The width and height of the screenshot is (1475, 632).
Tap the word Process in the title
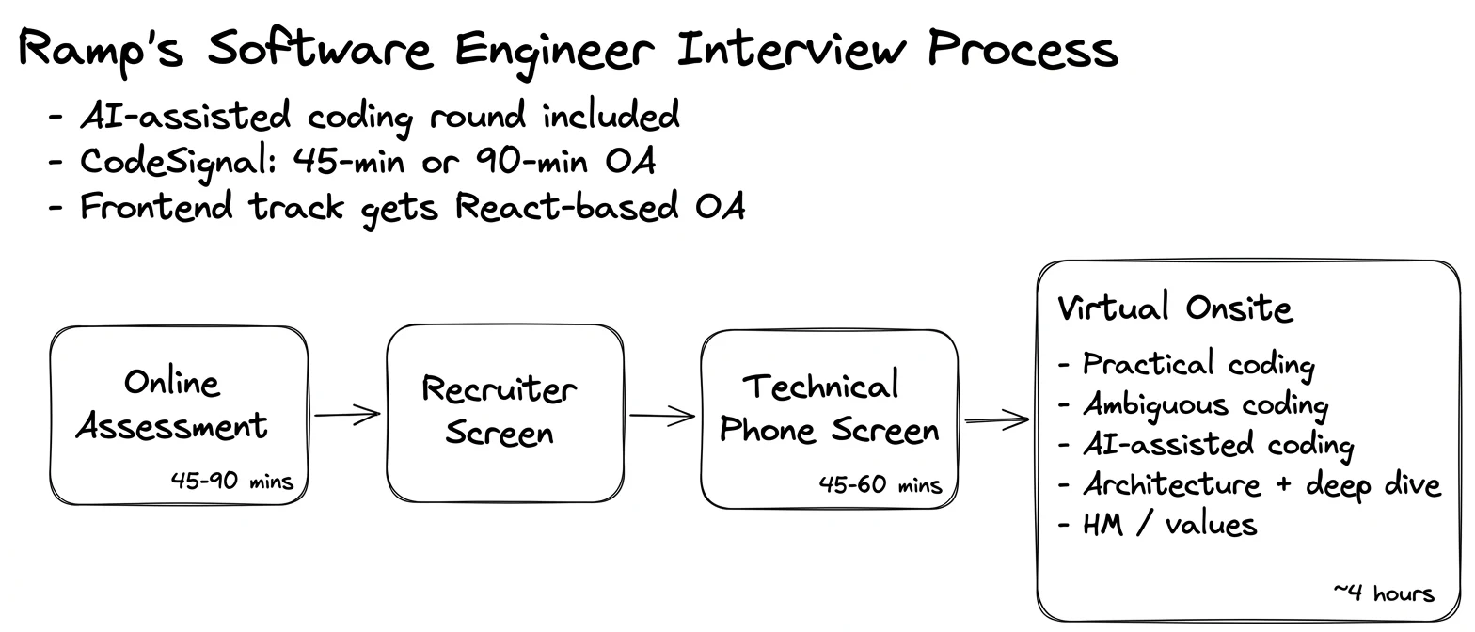[x=1023, y=49]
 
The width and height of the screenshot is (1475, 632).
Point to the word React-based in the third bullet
[x=567, y=206]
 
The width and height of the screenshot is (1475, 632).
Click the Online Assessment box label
[x=172, y=404]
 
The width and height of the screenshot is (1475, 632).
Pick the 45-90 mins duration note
[x=231, y=482]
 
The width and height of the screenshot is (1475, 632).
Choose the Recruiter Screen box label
[x=500, y=411]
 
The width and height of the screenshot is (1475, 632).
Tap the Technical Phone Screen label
[x=829, y=408]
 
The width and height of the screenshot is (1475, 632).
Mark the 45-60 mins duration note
[x=880, y=485]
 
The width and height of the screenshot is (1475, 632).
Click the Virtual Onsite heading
[x=1176, y=308]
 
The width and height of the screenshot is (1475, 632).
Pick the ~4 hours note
[x=1384, y=593]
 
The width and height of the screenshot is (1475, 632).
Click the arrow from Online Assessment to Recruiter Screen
[x=348, y=415]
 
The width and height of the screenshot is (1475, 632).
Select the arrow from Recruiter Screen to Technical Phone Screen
[x=662, y=416]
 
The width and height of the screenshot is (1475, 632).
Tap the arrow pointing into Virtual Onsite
[x=997, y=419]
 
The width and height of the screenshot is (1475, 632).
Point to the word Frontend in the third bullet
[x=157, y=206]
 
